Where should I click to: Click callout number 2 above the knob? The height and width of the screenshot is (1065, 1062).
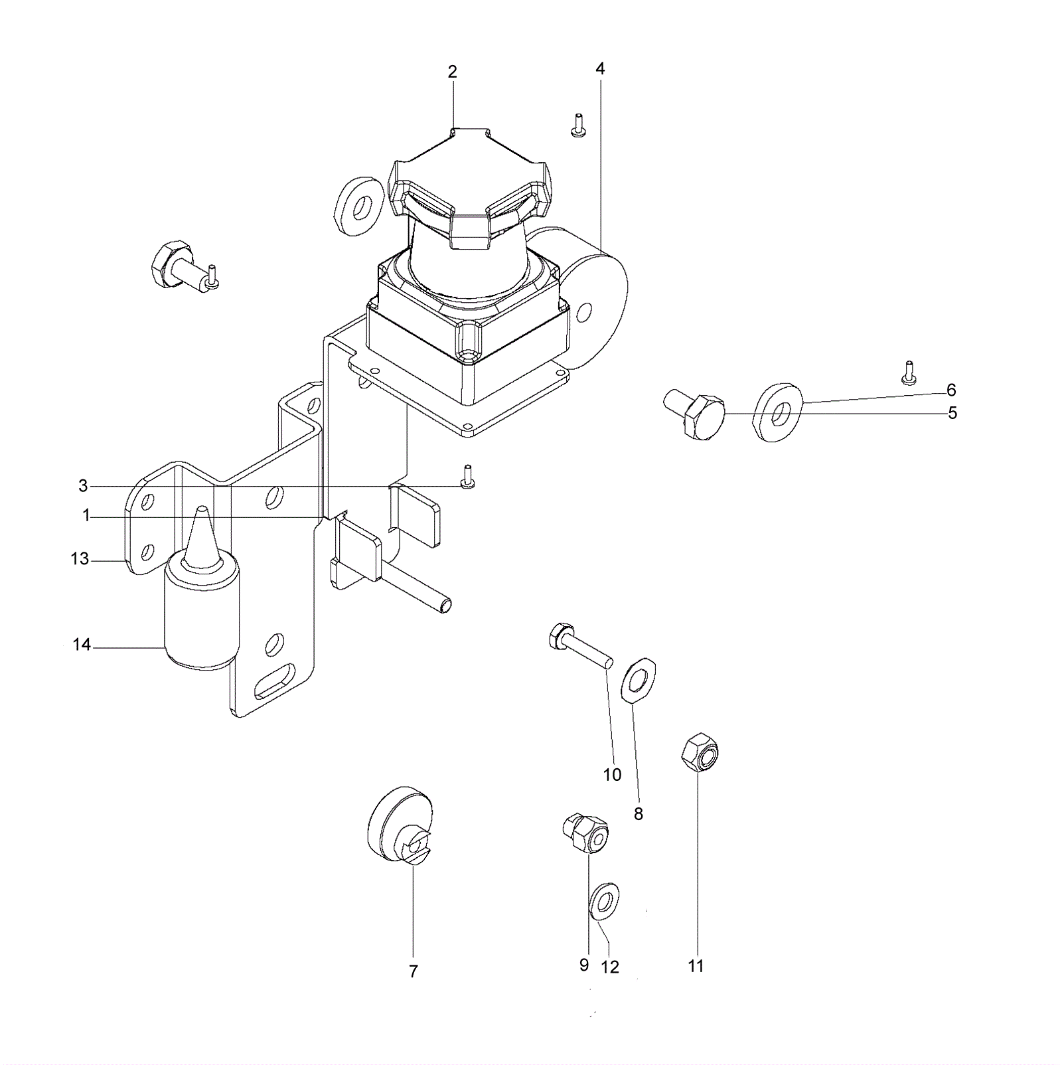[x=452, y=72]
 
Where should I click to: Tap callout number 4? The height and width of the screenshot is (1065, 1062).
[x=600, y=69]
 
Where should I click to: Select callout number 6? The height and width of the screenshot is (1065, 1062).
[x=951, y=390]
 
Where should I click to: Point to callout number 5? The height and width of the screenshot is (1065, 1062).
[x=952, y=413]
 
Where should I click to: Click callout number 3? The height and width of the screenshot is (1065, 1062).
[x=83, y=486]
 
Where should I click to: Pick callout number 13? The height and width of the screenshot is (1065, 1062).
[x=80, y=559]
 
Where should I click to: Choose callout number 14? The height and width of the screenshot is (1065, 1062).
[x=82, y=645]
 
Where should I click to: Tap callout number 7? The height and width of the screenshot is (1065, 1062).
[x=413, y=971]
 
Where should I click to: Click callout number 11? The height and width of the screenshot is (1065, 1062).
[x=696, y=966]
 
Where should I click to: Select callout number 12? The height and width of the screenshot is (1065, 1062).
[x=610, y=967]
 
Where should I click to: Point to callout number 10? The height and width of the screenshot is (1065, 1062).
[x=612, y=775]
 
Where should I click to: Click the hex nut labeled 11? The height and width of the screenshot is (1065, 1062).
[x=700, y=752]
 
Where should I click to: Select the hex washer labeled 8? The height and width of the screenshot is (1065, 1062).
[x=638, y=679]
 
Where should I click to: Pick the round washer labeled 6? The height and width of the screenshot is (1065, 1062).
[x=779, y=412]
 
